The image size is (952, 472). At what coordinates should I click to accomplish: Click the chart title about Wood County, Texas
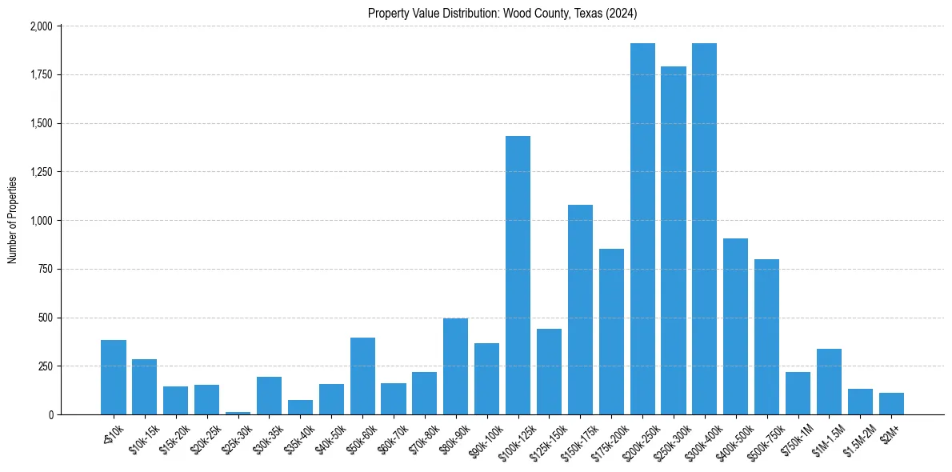502,14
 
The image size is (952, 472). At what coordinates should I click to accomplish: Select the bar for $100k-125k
518,275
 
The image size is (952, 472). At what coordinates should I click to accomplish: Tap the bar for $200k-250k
642,229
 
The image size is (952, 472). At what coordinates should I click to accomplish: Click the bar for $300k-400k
705,229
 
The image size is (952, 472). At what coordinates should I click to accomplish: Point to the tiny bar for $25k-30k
238,413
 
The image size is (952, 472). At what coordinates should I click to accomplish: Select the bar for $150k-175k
580,310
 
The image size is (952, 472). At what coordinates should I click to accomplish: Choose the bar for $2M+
891,404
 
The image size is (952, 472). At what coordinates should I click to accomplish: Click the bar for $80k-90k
456,366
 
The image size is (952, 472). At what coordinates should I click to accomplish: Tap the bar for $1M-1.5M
829,382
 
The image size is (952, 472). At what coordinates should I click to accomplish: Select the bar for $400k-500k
736,326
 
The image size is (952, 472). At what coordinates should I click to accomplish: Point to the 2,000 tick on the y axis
41,26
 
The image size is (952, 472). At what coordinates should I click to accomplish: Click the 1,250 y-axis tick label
41,172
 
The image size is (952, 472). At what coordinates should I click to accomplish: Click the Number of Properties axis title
13,220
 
